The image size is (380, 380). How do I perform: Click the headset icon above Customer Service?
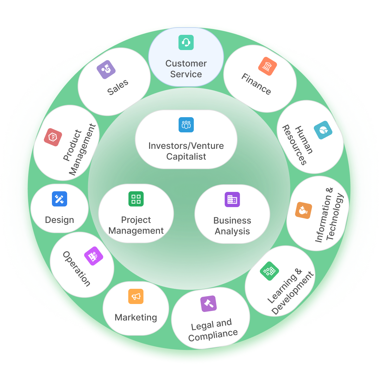tap(186, 42)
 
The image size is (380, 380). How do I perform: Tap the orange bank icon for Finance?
tap(268, 66)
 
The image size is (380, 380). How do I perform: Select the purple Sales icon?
tap(106, 69)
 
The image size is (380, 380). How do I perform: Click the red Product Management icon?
tap(53, 137)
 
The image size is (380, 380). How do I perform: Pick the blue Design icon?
tap(60, 199)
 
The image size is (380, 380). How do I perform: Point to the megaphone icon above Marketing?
tap(136, 296)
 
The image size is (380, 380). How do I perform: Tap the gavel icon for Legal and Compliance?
tap(209, 304)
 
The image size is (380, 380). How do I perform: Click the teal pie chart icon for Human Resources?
tap(323, 130)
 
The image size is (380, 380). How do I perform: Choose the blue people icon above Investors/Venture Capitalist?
tap(186, 125)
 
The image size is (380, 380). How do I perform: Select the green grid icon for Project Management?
tap(136, 199)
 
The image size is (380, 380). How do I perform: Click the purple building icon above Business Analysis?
tap(232, 199)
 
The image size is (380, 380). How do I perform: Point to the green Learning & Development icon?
tap(269, 271)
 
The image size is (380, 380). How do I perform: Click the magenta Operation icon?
tap(94, 256)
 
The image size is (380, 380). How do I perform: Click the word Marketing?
tap(136, 317)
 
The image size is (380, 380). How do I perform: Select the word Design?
tap(60, 220)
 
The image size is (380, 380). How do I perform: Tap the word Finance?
tap(256, 84)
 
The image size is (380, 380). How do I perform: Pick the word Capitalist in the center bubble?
tap(186, 156)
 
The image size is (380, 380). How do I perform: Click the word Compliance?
tap(213, 335)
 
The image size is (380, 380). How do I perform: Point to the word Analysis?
tap(232, 231)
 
